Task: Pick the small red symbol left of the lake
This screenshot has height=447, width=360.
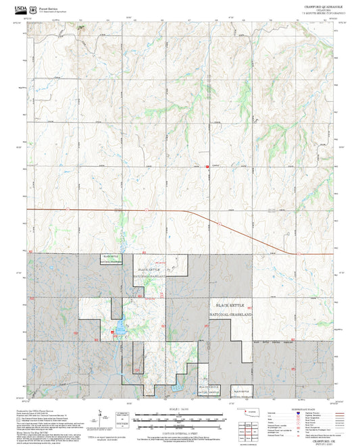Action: pos(112,331)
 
